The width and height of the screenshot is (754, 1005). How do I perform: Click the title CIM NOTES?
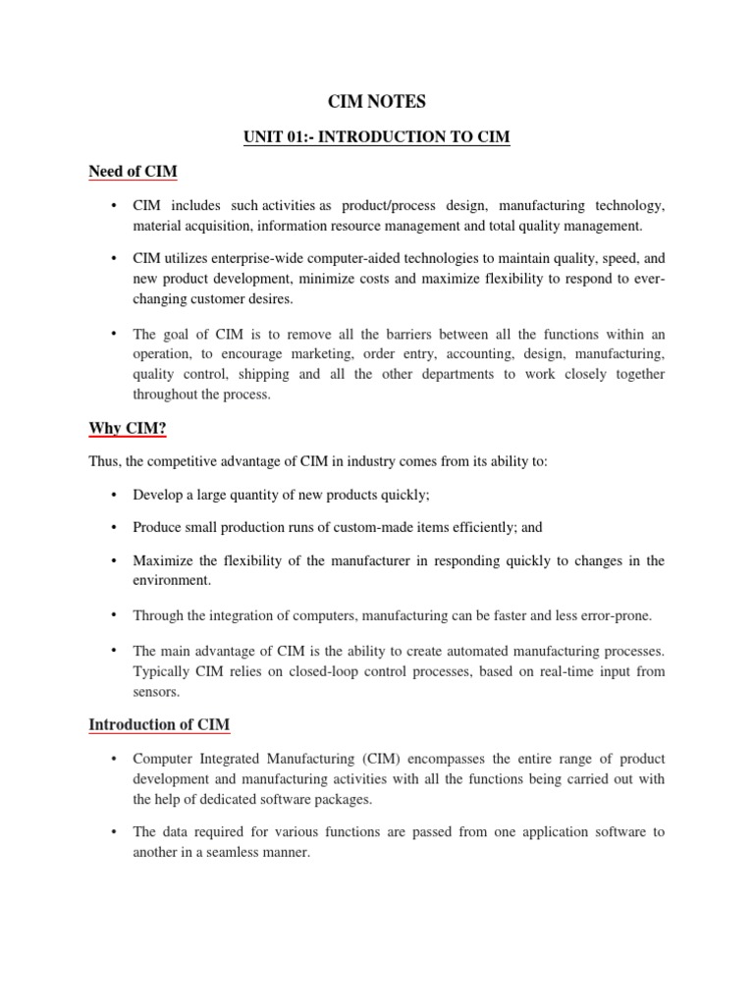click(377, 100)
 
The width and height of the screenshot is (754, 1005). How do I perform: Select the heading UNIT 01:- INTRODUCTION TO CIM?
click(377, 136)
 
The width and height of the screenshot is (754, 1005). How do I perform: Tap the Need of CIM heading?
click(133, 172)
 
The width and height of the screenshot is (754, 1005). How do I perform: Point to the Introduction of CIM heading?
click(159, 725)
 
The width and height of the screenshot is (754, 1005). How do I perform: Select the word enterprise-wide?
click(292, 260)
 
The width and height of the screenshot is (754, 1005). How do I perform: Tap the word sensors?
click(156, 691)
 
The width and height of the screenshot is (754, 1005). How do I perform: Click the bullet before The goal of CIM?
click(115, 334)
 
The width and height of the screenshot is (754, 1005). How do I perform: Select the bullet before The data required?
click(115, 831)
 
